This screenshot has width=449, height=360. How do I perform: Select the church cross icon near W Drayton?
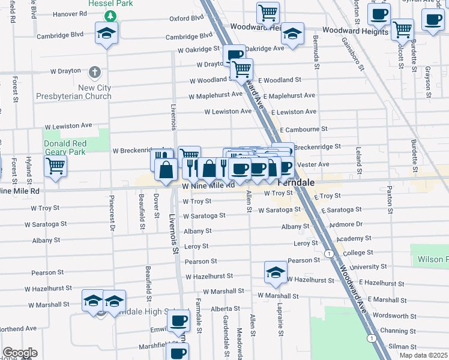[94, 73]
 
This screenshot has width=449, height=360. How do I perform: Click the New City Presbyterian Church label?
[73, 92]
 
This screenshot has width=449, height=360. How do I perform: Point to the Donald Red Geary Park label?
[65, 148]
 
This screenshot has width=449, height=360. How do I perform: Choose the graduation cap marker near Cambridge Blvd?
[106, 32]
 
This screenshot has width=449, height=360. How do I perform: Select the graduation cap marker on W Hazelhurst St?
[276, 272]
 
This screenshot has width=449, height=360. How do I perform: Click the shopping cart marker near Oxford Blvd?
[268, 12]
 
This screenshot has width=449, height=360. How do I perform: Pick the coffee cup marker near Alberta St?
[178, 320]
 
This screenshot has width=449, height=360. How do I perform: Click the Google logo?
[20, 353]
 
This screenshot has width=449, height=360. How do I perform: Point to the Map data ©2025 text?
[423, 355]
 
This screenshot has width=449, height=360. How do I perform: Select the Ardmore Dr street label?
[342, 224]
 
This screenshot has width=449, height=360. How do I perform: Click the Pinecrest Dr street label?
[112, 213]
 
